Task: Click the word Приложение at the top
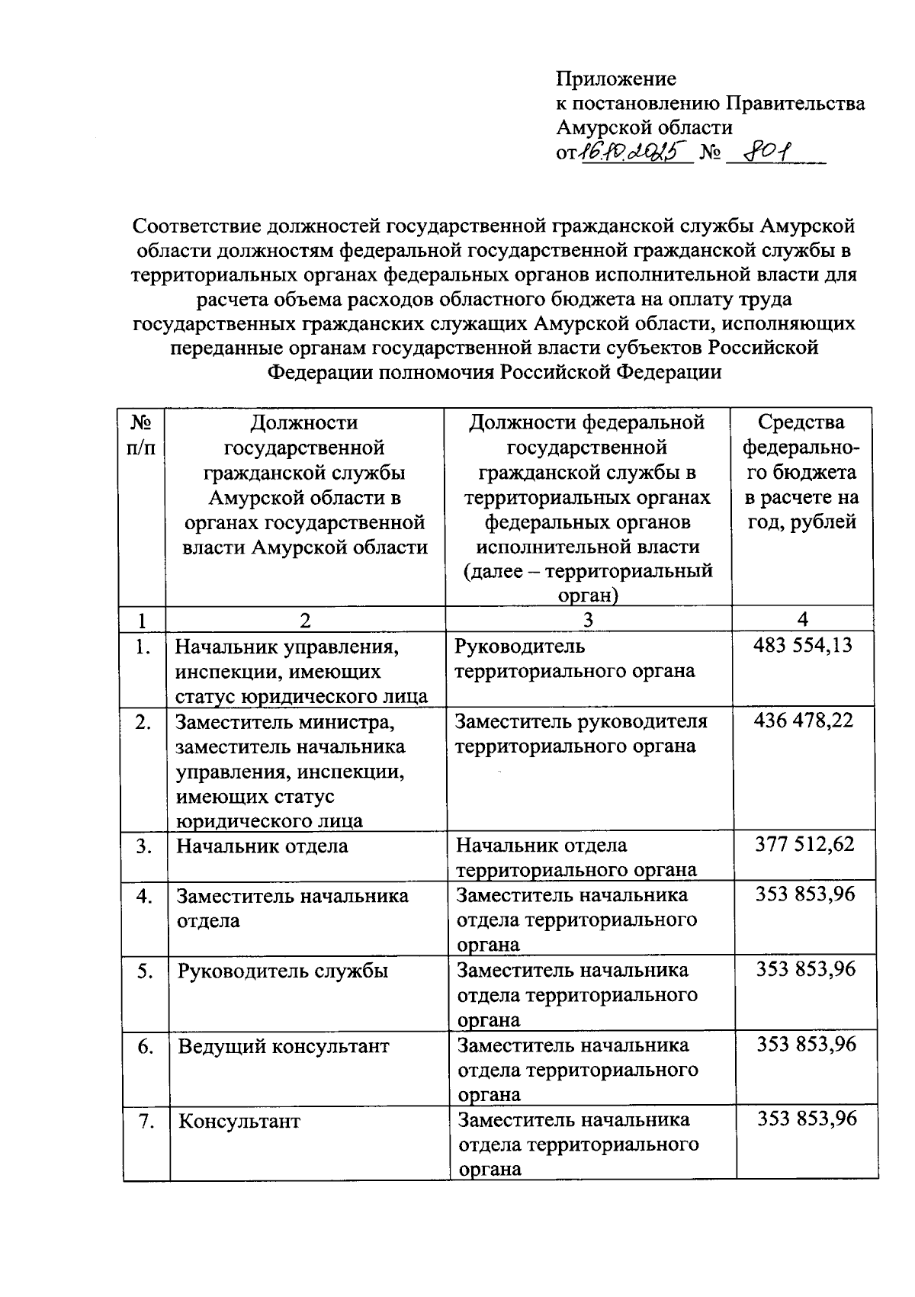click(x=616, y=79)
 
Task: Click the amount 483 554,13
click(x=803, y=646)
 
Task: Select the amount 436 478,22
click(x=803, y=721)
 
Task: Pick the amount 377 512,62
click(x=804, y=845)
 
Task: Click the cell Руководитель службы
click(x=283, y=971)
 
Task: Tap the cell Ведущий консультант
click(x=284, y=1046)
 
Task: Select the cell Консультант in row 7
click(x=239, y=1122)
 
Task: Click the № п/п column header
click(x=143, y=435)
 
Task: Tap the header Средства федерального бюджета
click(x=801, y=472)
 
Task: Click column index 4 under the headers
click(x=801, y=619)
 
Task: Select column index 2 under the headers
click(x=305, y=620)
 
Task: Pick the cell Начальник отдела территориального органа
click(x=576, y=857)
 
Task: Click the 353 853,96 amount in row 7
click(x=807, y=1119)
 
